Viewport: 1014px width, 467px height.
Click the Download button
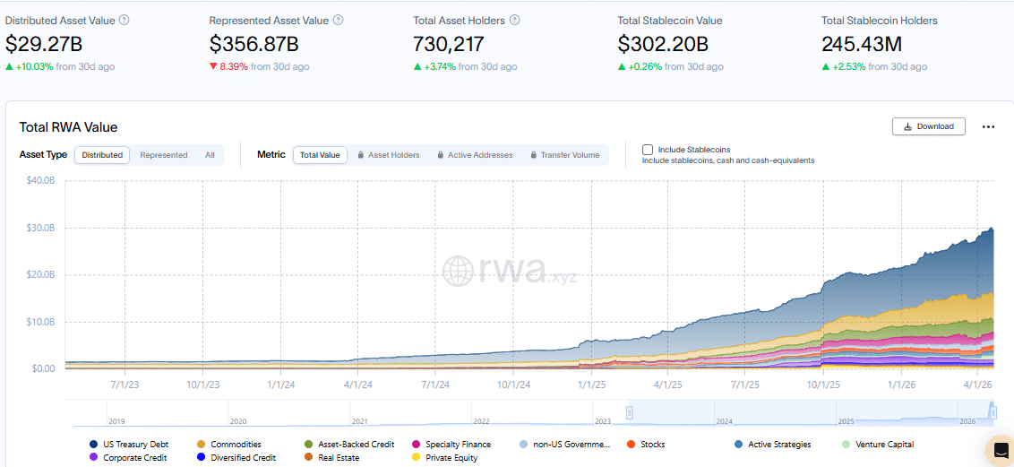[928, 126]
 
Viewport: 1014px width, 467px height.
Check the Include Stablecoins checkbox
[648, 150]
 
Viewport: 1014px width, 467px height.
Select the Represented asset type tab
[164, 155]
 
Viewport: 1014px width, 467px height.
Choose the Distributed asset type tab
[102, 155]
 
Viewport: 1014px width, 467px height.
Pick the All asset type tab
[210, 155]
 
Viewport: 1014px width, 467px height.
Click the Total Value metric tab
[320, 155]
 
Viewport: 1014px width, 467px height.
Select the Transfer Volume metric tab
[564, 155]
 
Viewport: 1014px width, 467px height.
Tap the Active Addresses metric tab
[475, 155]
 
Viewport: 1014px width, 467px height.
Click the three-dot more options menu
[988, 127]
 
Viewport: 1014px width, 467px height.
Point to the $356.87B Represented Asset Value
[254, 43]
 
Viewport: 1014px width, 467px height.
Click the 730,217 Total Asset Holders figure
[448, 43]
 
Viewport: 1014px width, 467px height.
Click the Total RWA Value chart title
[68, 127]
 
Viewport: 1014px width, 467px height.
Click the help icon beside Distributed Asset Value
[124, 20]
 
